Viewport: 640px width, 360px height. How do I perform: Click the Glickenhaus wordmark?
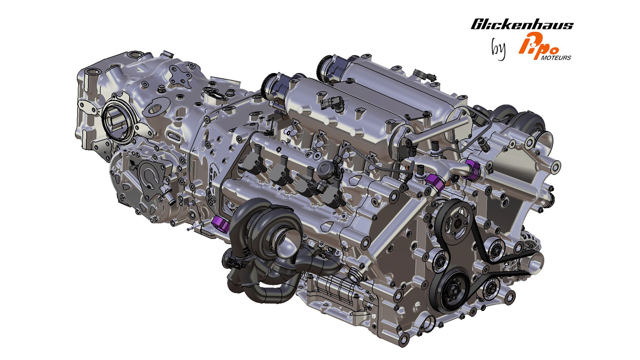tap(522, 24)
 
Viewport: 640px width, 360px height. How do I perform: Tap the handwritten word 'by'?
tap(499, 49)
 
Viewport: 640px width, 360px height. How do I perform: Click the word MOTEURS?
tap(556, 58)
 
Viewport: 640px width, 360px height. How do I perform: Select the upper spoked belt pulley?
tap(456, 222)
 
